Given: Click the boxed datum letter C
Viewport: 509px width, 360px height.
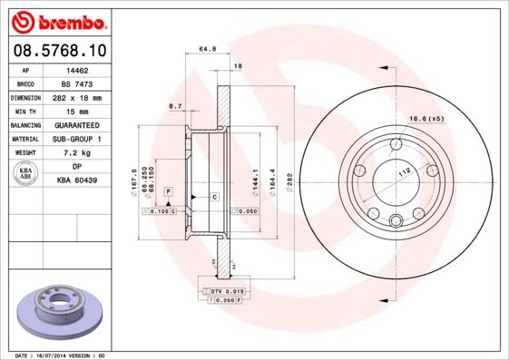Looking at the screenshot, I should (214, 197).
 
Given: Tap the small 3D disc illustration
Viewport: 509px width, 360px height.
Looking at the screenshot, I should (61, 310).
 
